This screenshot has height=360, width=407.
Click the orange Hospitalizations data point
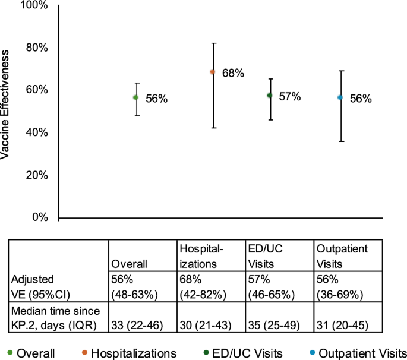[212, 72]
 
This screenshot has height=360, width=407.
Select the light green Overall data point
[136, 97]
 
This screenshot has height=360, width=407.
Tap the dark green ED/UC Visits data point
[269, 95]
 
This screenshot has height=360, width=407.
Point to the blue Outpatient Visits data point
[340, 97]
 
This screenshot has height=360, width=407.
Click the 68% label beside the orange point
[233, 74]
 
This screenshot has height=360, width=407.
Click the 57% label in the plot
[290, 96]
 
